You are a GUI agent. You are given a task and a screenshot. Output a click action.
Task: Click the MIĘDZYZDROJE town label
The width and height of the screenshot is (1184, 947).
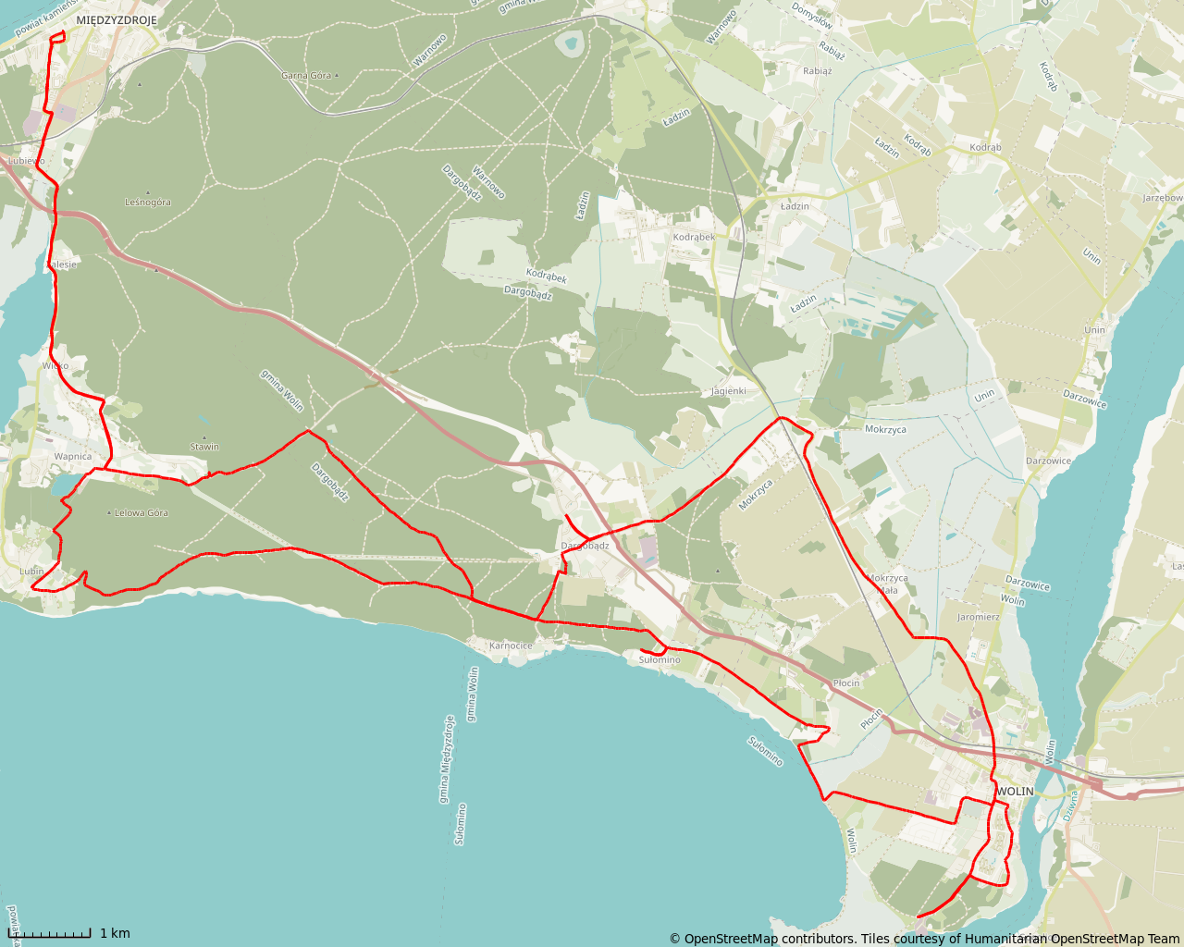(x=117, y=19)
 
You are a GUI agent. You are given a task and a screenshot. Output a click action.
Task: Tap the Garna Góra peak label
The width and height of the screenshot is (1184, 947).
(x=306, y=75)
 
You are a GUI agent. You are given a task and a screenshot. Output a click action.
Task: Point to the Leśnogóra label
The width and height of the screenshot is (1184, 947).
(x=148, y=202)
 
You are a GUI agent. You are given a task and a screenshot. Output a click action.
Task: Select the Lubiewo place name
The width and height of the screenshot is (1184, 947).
(x=26, y=161)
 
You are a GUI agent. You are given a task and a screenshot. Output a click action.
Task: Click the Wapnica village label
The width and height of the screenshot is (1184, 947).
(x=73, y=456)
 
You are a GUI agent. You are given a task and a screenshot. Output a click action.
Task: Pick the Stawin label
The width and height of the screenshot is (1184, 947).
(x=204, y=447)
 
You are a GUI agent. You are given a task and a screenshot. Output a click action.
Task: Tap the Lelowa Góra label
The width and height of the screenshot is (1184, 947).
(x=142, y=512)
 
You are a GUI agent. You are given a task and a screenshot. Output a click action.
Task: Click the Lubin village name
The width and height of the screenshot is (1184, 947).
(x=31, y=572)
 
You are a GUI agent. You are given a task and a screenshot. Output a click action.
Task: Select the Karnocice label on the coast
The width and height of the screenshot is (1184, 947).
(x=511, y=646)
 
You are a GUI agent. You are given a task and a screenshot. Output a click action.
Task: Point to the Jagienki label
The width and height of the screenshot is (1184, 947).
(x=729, y=391)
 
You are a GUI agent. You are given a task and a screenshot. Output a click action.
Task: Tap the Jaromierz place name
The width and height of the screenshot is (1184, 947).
(x=979, y=617)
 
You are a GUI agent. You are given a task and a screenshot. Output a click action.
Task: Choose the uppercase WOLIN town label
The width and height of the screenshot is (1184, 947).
(x=1016, y=792)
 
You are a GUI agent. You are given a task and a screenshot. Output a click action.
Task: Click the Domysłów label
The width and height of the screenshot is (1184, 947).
(x=812, y=16)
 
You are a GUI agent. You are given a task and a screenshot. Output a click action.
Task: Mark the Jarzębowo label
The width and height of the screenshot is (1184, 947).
(x=1163, y=198)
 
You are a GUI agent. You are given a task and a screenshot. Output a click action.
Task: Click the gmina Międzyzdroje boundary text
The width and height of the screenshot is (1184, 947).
(x=446, y=758)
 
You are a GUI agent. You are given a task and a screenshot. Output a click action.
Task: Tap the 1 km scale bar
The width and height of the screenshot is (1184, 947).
(x=55, y=933)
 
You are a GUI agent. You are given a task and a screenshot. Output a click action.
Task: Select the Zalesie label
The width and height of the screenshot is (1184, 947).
(x=62, y=264)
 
